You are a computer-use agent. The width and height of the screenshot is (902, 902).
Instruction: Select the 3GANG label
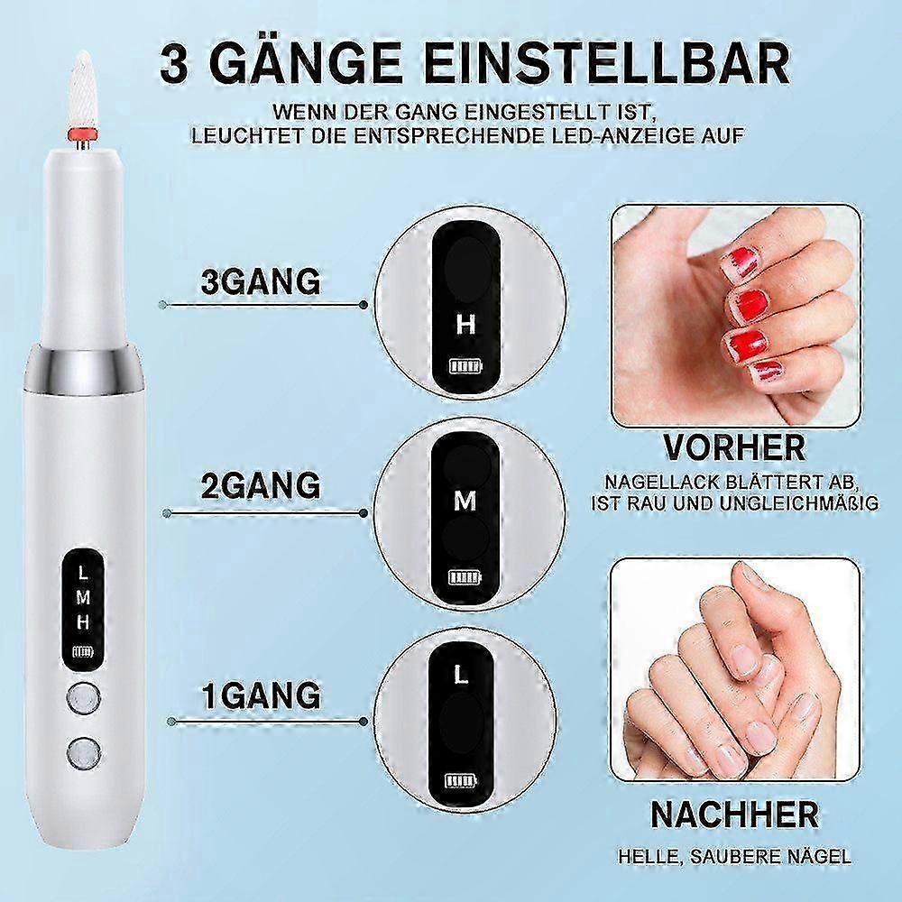click(x=261, y=281)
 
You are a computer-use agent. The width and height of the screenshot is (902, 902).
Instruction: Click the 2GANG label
click(x=261, y=485)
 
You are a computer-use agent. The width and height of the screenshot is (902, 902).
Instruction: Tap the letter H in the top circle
click(x=465, y=325)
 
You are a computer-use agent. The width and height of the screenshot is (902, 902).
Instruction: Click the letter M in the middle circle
click(x=465, y=502)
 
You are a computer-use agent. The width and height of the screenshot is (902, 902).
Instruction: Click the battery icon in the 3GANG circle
click(x=467, y=366)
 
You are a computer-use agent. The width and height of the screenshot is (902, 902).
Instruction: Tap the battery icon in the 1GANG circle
click(x=461, y=781)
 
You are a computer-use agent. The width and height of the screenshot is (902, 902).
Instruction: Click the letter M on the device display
click(x=83, y=598)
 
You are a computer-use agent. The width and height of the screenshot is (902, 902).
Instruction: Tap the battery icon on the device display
click(x=82, y=652)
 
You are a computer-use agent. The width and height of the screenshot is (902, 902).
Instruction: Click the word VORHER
click(x=734, y=447)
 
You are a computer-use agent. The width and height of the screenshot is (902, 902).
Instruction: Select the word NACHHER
click(x=734, y=814)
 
